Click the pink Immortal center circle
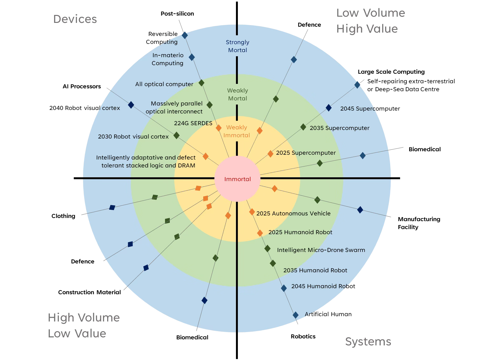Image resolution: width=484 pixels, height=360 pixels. coord(237,179)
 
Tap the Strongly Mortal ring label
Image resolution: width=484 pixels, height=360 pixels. coord(238,46)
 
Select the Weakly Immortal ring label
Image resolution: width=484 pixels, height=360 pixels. coord(237,131)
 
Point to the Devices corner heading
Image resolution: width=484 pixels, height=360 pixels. coord(75,19)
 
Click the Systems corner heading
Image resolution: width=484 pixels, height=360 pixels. coord(368,342)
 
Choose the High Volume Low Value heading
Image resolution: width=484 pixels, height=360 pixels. coord(84,325)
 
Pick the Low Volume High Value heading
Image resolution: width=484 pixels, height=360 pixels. coord(370,21)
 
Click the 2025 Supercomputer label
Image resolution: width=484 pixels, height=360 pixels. coord(306,153)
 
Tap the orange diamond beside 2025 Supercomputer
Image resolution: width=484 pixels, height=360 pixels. coord(270,154)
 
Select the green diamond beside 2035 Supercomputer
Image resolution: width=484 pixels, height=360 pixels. coord(303,127)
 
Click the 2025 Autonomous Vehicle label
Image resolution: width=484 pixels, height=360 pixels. coord(293,214)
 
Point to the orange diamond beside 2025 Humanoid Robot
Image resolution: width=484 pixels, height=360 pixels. coord(260,233)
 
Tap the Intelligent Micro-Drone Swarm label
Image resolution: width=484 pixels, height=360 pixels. coord(321,250)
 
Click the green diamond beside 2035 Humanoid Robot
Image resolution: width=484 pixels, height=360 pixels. coord(273,263)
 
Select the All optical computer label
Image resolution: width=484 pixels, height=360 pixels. coord(164,84)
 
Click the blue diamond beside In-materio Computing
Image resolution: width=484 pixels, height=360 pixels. coord(192,57)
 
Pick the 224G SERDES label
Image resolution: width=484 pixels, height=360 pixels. coord(193,123)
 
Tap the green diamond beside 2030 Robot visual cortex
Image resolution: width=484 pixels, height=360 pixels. coord(176,136)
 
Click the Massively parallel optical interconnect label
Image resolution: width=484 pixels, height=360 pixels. coord(174,107)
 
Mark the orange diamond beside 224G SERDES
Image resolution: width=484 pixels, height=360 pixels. coord(218,128)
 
